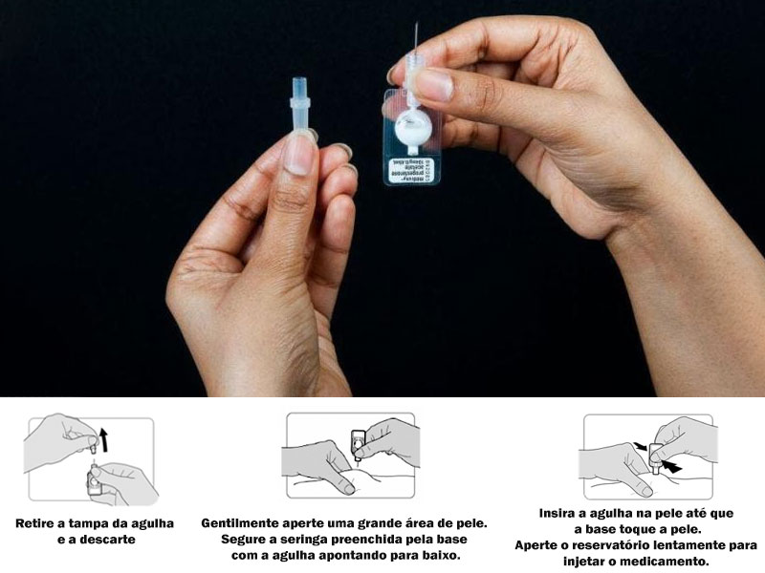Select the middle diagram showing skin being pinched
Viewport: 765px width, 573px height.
point(352,456)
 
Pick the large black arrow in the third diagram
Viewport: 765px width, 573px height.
point(673,467)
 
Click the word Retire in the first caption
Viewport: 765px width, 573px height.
point(37,523)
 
